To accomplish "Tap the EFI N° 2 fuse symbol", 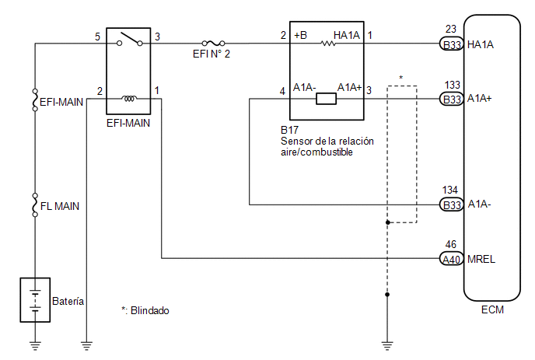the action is tap(213, 43).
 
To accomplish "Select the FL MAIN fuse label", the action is tap(60, 206).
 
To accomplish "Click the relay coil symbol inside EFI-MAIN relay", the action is tap(129, 99).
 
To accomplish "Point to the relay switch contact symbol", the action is tap(130, 39).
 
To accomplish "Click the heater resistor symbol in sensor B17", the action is tap(328, 44).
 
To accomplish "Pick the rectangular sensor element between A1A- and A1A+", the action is tap(326, 99).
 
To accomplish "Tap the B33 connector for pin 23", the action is tap(451, 44).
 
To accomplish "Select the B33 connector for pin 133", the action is tap(451, 99).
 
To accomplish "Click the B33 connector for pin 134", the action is tap(451, 204).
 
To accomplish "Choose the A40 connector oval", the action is tap(451, 259).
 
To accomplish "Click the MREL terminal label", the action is tap(481, 260).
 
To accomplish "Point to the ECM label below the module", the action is tap(492, 309).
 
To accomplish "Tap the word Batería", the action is tap(68, 301).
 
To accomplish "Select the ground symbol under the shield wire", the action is tap(387, 346).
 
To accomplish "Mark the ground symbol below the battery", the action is tap(35, 346).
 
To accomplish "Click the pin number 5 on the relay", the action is tap(97, 37).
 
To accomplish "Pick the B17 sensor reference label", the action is tap(289, 130).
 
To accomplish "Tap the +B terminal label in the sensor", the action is tap(301, 35).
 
